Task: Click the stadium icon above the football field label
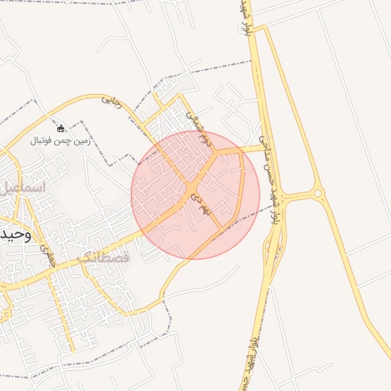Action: [x=61, y=128]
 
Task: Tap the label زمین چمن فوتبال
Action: [x=61, y=141]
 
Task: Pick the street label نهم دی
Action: [x=199, y=203]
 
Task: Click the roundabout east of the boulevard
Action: [x=318, y=194]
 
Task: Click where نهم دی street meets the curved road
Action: [x=222, y=228]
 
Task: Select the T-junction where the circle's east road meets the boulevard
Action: [x=263, y=148]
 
